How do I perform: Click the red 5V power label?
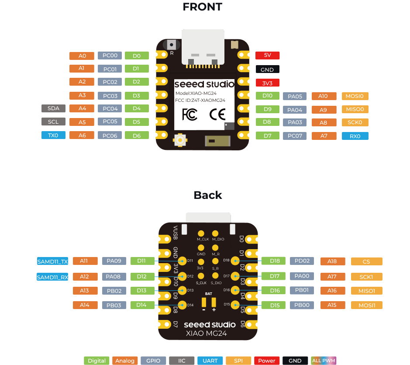(x=267, y=55)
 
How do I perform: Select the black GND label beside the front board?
(x=267, y=70)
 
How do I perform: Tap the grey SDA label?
(x=53, y=108)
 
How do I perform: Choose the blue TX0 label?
(x=53, y=135)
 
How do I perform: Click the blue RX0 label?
(x=355, y=136)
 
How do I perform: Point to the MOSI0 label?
(x=355, y=96)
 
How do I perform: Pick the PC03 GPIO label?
(x=110, y=96)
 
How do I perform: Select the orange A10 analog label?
(x=324, y=96)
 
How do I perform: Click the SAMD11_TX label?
(x=52, y=261)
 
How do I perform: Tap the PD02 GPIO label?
(x=302, y=261)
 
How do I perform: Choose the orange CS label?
(x=367, y=261)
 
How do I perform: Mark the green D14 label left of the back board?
(x=141, y=305)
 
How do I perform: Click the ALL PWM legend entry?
(x=324, y=361)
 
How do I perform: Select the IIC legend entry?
(x=182, y=361)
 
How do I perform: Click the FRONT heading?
(x=203, y=7)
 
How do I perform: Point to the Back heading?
(x=208, y=195)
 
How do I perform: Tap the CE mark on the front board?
(x=217, y=114)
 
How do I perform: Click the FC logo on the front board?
(x=189, y=115)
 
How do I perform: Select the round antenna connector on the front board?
(x=180, y=140)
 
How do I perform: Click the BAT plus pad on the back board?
(x=214, y=302)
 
